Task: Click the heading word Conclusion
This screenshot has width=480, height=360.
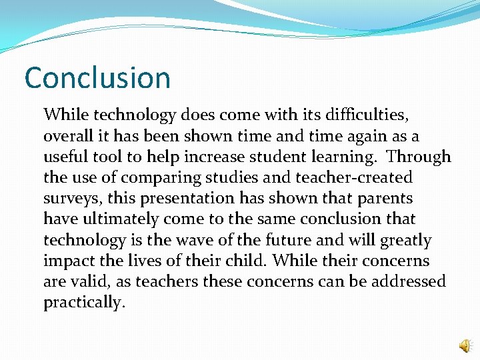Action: (x=97, y=78)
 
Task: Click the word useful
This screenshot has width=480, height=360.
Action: (x=66, y=157)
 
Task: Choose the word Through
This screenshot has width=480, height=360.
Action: (x=419, y=157)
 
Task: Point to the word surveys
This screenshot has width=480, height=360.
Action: (x=71, y=199)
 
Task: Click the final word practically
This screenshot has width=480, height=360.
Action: (x=84, y=303)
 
